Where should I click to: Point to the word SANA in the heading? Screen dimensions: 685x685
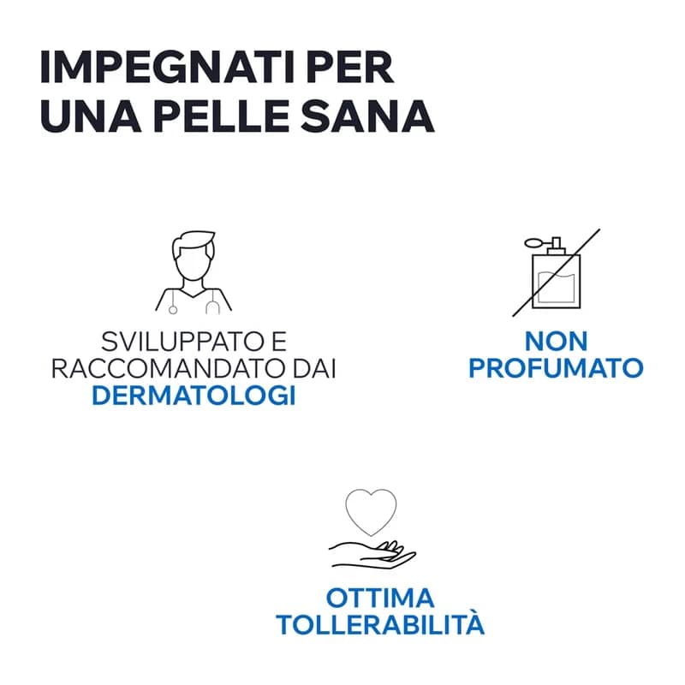pyautogui.click(x=367, y=116)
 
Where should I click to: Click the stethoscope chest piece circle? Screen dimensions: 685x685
pyautogui.click(x=173, y=310)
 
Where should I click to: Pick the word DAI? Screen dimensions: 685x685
pyautogui.click(x=314, y=369)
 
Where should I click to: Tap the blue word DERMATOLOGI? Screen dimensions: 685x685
pyautogui.click(x=194, y=396)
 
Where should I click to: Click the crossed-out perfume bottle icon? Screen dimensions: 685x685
pyautogui.click(x=556, y=272)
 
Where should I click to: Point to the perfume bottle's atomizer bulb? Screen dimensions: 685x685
pyautogui.click(x=533, y=241)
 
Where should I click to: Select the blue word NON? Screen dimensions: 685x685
pyautogui.click(x=556, y=341)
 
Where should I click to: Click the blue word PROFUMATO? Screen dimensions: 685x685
pyautogui.click(x=556, y=368)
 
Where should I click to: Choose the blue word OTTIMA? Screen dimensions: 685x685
pyautogui.click(x=380, y=598)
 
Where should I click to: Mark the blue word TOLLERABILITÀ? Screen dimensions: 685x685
pyautogui.click(x=380, y=624)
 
